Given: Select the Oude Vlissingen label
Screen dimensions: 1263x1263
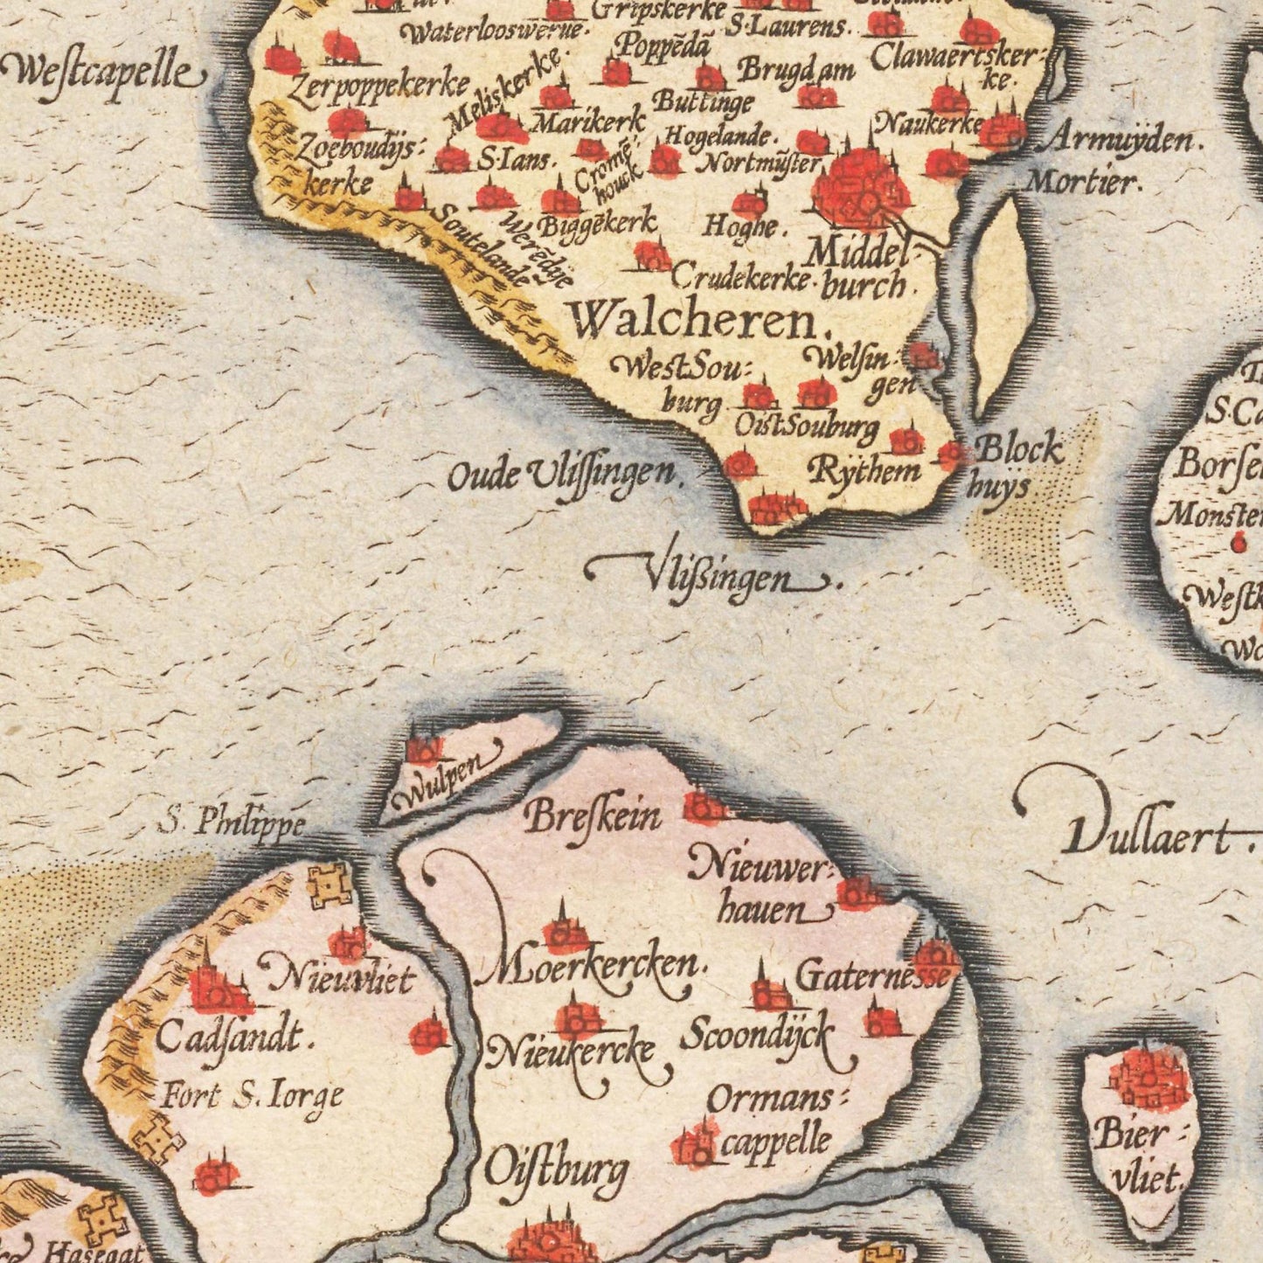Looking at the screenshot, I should [x=564, y=476].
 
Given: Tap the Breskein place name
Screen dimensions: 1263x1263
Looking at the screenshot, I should [x=593, y=816].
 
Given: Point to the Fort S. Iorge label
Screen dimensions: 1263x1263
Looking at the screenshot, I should [x=252, y=1096].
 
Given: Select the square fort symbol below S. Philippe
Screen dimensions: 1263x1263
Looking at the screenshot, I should [x=329, y=886].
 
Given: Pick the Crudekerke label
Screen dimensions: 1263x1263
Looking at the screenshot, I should [x=741, y=278].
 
